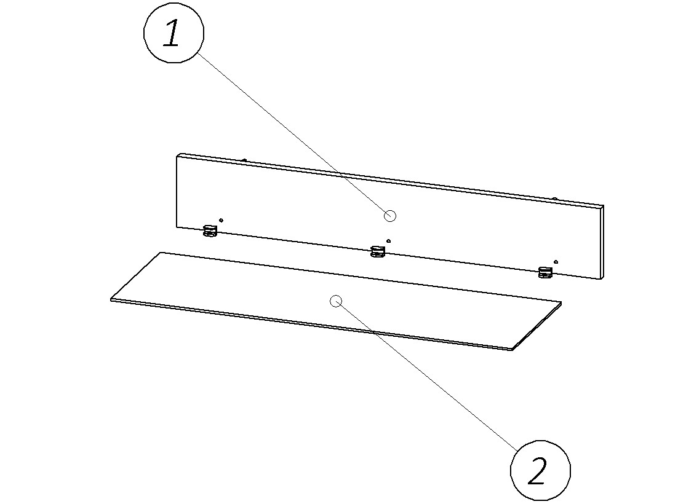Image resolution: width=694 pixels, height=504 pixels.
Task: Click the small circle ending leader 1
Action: tap(389, 215)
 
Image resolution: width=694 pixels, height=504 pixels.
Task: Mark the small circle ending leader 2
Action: tap(336, 301)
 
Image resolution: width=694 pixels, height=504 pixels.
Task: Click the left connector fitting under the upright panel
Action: tap(210, 231)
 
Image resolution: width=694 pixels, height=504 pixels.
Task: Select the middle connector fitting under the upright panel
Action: tap(378, 251)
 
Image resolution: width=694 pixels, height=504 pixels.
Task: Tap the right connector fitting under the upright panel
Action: tap(544, 272)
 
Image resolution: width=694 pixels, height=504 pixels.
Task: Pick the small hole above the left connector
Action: tap(221, 220)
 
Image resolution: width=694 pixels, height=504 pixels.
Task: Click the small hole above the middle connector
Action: tap(389, 241)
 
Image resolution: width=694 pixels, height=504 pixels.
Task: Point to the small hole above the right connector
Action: tap(556, 262)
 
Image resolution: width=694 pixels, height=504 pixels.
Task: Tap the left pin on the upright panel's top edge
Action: tap(244, 160)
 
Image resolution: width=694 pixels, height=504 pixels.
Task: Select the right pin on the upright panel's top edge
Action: tap(554, 199)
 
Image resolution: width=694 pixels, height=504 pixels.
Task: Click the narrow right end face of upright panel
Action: tap(602, 242)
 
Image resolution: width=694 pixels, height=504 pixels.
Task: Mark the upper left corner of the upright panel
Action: tap(178, 155)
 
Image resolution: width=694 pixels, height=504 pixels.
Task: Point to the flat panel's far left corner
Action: tap(111, 299)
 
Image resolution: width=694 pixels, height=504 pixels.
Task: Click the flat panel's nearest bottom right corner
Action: tap(512, 349)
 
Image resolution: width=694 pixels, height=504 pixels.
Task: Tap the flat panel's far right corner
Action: tap(562, 302)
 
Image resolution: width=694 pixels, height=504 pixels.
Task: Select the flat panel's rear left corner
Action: tap(161, 253)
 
